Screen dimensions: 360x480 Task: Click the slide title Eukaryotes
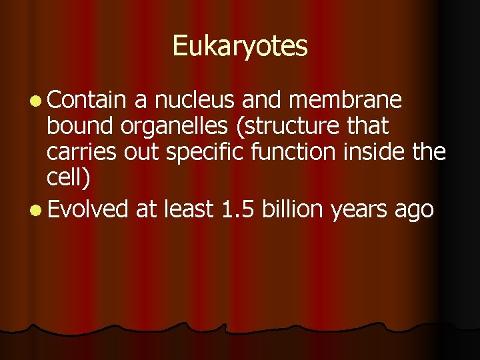[240, 46]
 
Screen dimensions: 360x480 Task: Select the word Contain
[87, 100]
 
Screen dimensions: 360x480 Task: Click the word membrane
[347, 100]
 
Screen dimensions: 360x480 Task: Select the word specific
[205, 152]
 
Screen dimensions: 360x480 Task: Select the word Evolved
[87, 209]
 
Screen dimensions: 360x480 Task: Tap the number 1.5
[236, 209]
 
